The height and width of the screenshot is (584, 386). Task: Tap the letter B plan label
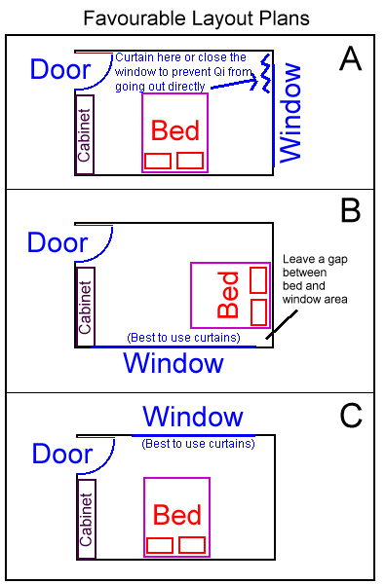[x=351, y=210]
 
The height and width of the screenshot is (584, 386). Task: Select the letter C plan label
[x=351, y=416]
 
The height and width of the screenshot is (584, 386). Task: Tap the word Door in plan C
[x=62, y=454]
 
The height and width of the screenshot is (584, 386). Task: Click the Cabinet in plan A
[x=84, y=134]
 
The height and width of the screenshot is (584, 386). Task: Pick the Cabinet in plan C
[x=85, y=520]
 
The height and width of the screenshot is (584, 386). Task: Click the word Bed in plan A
[x=174, y=130]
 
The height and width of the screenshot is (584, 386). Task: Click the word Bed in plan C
[x=176, y=514]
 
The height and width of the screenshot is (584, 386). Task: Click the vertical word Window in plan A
[x=290, y=114]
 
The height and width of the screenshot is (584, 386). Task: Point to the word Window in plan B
[x=174, y=364]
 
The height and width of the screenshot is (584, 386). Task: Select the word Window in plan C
[x=193, y=417]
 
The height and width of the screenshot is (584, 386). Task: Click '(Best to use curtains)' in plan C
[x=198, y=443]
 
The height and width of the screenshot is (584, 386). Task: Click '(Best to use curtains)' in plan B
[x=182, y=338]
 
